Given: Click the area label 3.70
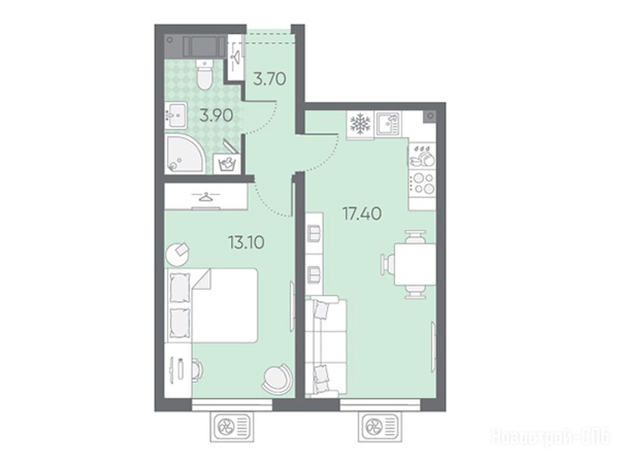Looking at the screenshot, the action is [269, 79].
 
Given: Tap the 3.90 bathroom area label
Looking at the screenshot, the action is [216, 115].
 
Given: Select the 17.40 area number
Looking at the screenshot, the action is [362, 214].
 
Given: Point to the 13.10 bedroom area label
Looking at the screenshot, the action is [247, 242].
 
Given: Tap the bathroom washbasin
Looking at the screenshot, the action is [176, 115].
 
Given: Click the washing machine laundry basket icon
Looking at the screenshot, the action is [226, 163].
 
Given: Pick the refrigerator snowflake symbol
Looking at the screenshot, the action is [360, 124].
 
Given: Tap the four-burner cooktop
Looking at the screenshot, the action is [422, 184].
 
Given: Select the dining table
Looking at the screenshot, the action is [415, 264].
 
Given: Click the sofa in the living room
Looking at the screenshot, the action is [326, 347].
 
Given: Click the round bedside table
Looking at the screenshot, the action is [177, 254].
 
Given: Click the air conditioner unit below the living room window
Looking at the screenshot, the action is [380, 426].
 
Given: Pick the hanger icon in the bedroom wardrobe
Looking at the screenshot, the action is [207, 196].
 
